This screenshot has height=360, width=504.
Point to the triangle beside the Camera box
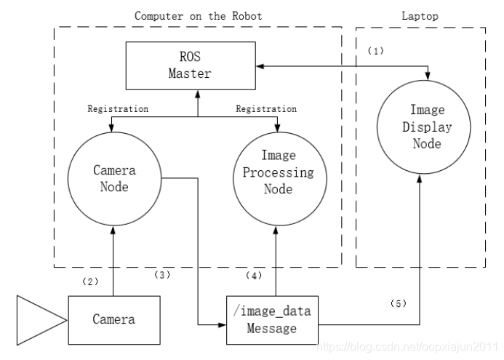tap(41, 321)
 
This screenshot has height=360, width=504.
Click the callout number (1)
tap(376, 51)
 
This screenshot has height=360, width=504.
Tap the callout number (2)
tap(90, 282)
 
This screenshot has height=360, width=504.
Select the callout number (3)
tap(162, 275)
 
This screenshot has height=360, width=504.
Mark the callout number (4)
tap(254, 276)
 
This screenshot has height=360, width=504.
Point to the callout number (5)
tap(399, 303)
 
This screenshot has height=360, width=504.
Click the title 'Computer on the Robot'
tap(198, 16)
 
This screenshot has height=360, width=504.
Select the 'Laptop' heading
tap(420, 16)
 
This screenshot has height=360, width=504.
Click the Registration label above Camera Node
tap(118, 109)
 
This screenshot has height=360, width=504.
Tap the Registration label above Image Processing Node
tap(266, 109)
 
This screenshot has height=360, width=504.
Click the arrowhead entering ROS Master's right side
tap(260, 66)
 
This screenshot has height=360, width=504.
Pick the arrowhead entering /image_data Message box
tap(223, 324)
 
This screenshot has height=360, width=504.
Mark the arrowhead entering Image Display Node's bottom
tap(420, 178)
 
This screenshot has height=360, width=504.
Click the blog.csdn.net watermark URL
tap(407, 347)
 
